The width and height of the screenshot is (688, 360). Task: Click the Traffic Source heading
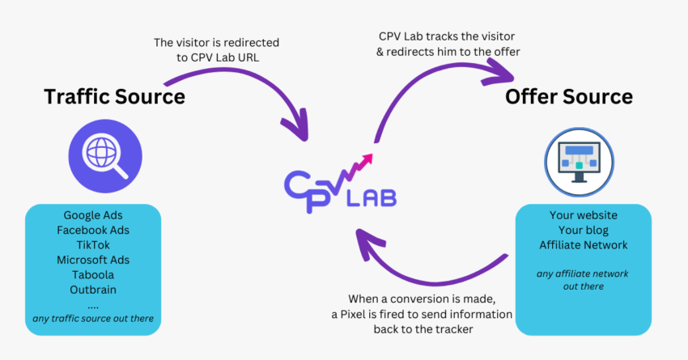point(114,97)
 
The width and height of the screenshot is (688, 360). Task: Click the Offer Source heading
point(568,97)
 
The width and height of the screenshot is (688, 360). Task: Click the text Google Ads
point(93,216)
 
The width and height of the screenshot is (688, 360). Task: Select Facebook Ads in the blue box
point(93,231)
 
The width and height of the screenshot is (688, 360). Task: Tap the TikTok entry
point(93,245)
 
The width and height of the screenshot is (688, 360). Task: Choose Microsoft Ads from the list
point(93,260)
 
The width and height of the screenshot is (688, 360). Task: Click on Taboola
point(93,274)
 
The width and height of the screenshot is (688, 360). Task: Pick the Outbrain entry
point(93,289)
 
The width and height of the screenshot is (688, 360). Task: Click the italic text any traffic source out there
point(93,318)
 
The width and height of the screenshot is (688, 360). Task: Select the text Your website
point(582,215)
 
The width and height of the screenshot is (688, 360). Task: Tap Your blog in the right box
point(582,230)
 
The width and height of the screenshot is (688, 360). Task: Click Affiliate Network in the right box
point(582,244)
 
